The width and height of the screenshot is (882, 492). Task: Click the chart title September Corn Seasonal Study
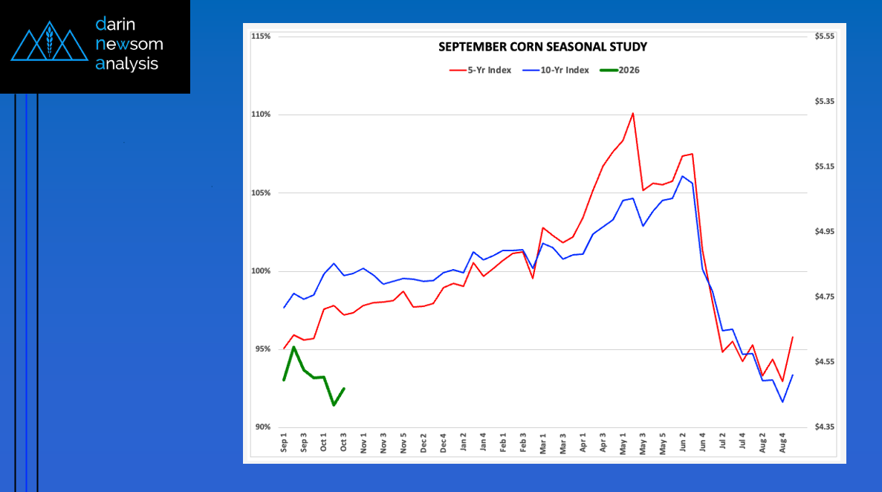(542, 48)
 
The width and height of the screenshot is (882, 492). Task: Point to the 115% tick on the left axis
(261, 36)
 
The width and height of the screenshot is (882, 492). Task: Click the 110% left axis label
(261, 114)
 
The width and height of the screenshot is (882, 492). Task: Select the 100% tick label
(261, 271)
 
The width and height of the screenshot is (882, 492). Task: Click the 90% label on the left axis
(262, 427)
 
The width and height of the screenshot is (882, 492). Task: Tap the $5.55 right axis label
(825, 36)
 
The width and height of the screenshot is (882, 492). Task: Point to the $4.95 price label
(825, 232)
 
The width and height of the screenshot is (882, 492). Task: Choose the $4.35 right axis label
(825, 427)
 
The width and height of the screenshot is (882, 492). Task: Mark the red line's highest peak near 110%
(632, 114)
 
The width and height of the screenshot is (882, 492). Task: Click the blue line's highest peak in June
(682, 176)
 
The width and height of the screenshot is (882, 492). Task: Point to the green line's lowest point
(334, 405)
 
